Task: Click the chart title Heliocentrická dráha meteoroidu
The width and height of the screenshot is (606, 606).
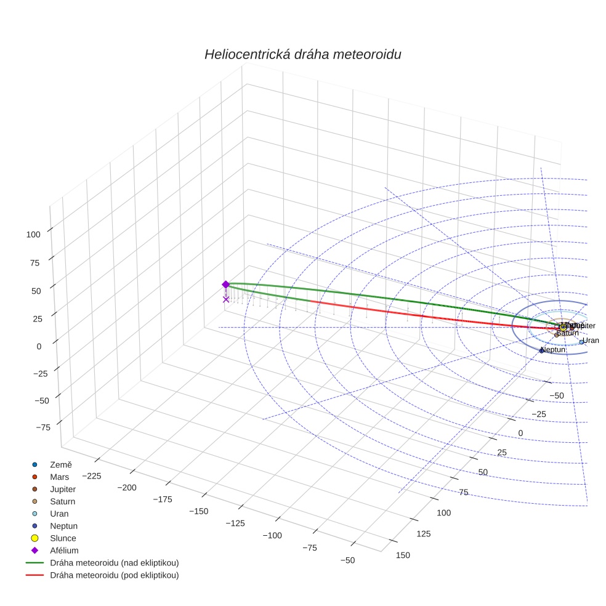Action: [x=302, y=55]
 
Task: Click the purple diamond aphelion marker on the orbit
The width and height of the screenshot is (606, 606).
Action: [x=225, y=285]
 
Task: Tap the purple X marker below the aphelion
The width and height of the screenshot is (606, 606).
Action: [x=226, y=299]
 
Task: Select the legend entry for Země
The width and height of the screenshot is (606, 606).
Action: [x=61, y=464]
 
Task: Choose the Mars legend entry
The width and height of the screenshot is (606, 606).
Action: [x=59, y=477]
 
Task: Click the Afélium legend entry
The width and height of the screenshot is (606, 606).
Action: [x=64, y=551]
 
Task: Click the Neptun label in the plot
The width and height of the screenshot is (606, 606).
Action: [x=553, y=349]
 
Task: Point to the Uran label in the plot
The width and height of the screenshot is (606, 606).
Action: [x=591, y=341]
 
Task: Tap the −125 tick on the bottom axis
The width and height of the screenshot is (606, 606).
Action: [x=234, y=523]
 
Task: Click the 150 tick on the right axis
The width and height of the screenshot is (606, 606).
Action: [x=402, y=555]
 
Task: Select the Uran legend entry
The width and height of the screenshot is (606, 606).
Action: [x=59, y=514]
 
